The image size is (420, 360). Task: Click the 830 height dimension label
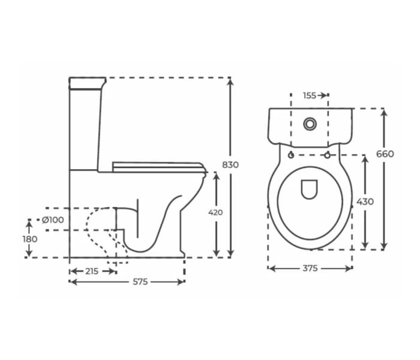(230, 165)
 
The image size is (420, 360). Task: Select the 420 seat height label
(215, 212)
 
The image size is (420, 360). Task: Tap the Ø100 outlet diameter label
(53, 220)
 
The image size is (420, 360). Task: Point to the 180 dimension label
(30, 239)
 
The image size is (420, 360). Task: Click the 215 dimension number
(92, 271)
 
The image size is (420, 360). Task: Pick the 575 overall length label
(140, 282)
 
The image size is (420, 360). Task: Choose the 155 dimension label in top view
(310, 95)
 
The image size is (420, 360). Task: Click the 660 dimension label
(385, 154)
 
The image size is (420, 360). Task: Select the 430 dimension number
(365, 202)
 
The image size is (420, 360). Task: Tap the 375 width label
(310, 268)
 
